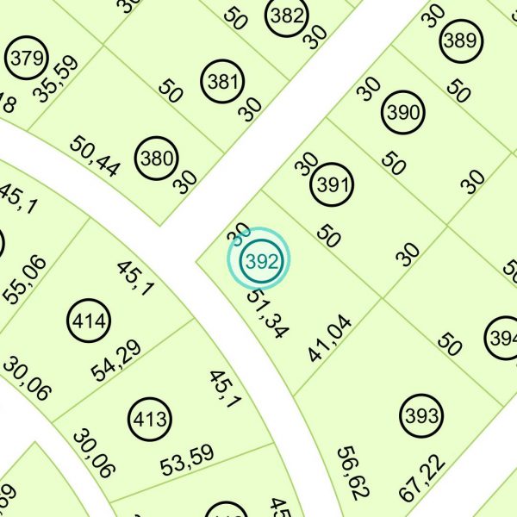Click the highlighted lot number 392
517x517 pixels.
point(258,260)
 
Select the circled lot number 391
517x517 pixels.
point(333,184)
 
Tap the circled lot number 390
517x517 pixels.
point(403,113)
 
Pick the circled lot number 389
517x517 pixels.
point(458,40)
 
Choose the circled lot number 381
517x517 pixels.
point(222,83)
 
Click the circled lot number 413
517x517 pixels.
point(149,420)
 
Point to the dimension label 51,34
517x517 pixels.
point(266,314)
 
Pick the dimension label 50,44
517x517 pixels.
point(96,157)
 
